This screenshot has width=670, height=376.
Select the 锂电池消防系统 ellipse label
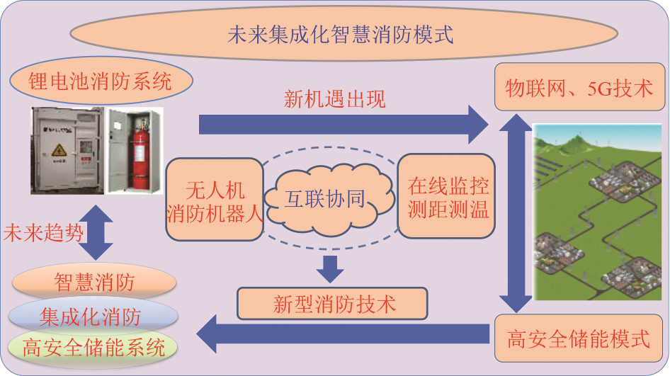101,82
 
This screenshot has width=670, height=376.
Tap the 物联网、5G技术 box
579,88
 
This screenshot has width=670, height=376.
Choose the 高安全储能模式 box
579,339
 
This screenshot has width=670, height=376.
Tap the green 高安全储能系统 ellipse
94,347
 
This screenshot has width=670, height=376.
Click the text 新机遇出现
335,98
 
